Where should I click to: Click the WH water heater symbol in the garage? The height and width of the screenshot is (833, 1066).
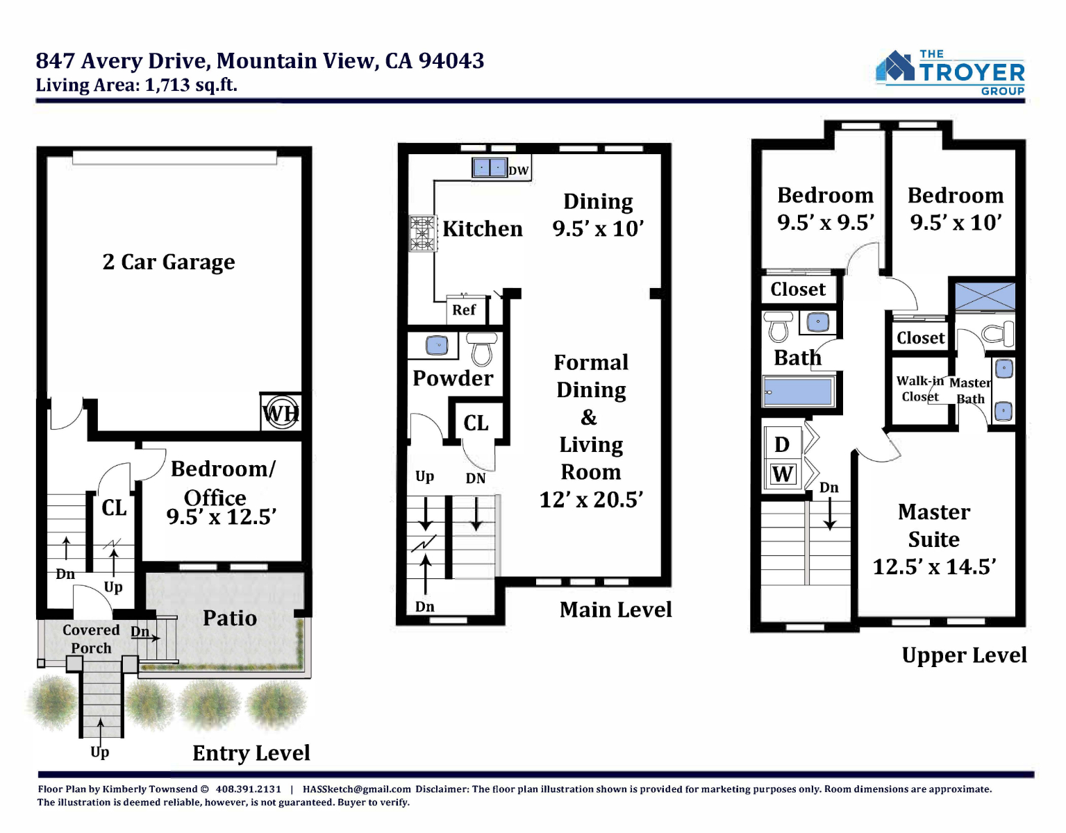(x=281, y=413)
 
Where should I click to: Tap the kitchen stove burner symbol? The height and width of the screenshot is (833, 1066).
(x=422, y=234)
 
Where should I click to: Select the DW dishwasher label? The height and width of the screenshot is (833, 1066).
(x=519, y=171)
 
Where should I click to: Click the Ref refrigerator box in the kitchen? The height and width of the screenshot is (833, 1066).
(x=466, y=310)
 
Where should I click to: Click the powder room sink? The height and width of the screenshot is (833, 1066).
(x=437, y=345)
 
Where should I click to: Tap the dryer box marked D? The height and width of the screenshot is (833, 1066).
(x=783, y=444)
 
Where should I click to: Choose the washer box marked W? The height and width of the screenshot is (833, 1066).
(x=783, y=474)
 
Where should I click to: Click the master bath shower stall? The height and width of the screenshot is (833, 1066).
(x=985, y=296)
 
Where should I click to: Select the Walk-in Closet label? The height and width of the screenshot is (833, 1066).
(x=919, y=389)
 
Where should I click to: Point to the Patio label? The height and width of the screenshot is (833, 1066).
(x=230, y=618)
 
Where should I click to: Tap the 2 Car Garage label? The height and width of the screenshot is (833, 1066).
(x=169, y=262)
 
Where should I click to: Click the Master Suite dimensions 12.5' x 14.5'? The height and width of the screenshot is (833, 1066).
(x=934, y=566)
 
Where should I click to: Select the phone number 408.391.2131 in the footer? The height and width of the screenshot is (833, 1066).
(x=248, y=789)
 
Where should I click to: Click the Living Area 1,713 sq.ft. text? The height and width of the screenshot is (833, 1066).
(x=136, y=85)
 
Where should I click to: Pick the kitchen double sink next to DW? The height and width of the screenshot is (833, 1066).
(x=490, y=168)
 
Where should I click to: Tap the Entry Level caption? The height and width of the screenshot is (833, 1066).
(x=251, y=753)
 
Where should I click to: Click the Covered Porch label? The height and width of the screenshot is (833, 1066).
(x=91, y=639)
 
